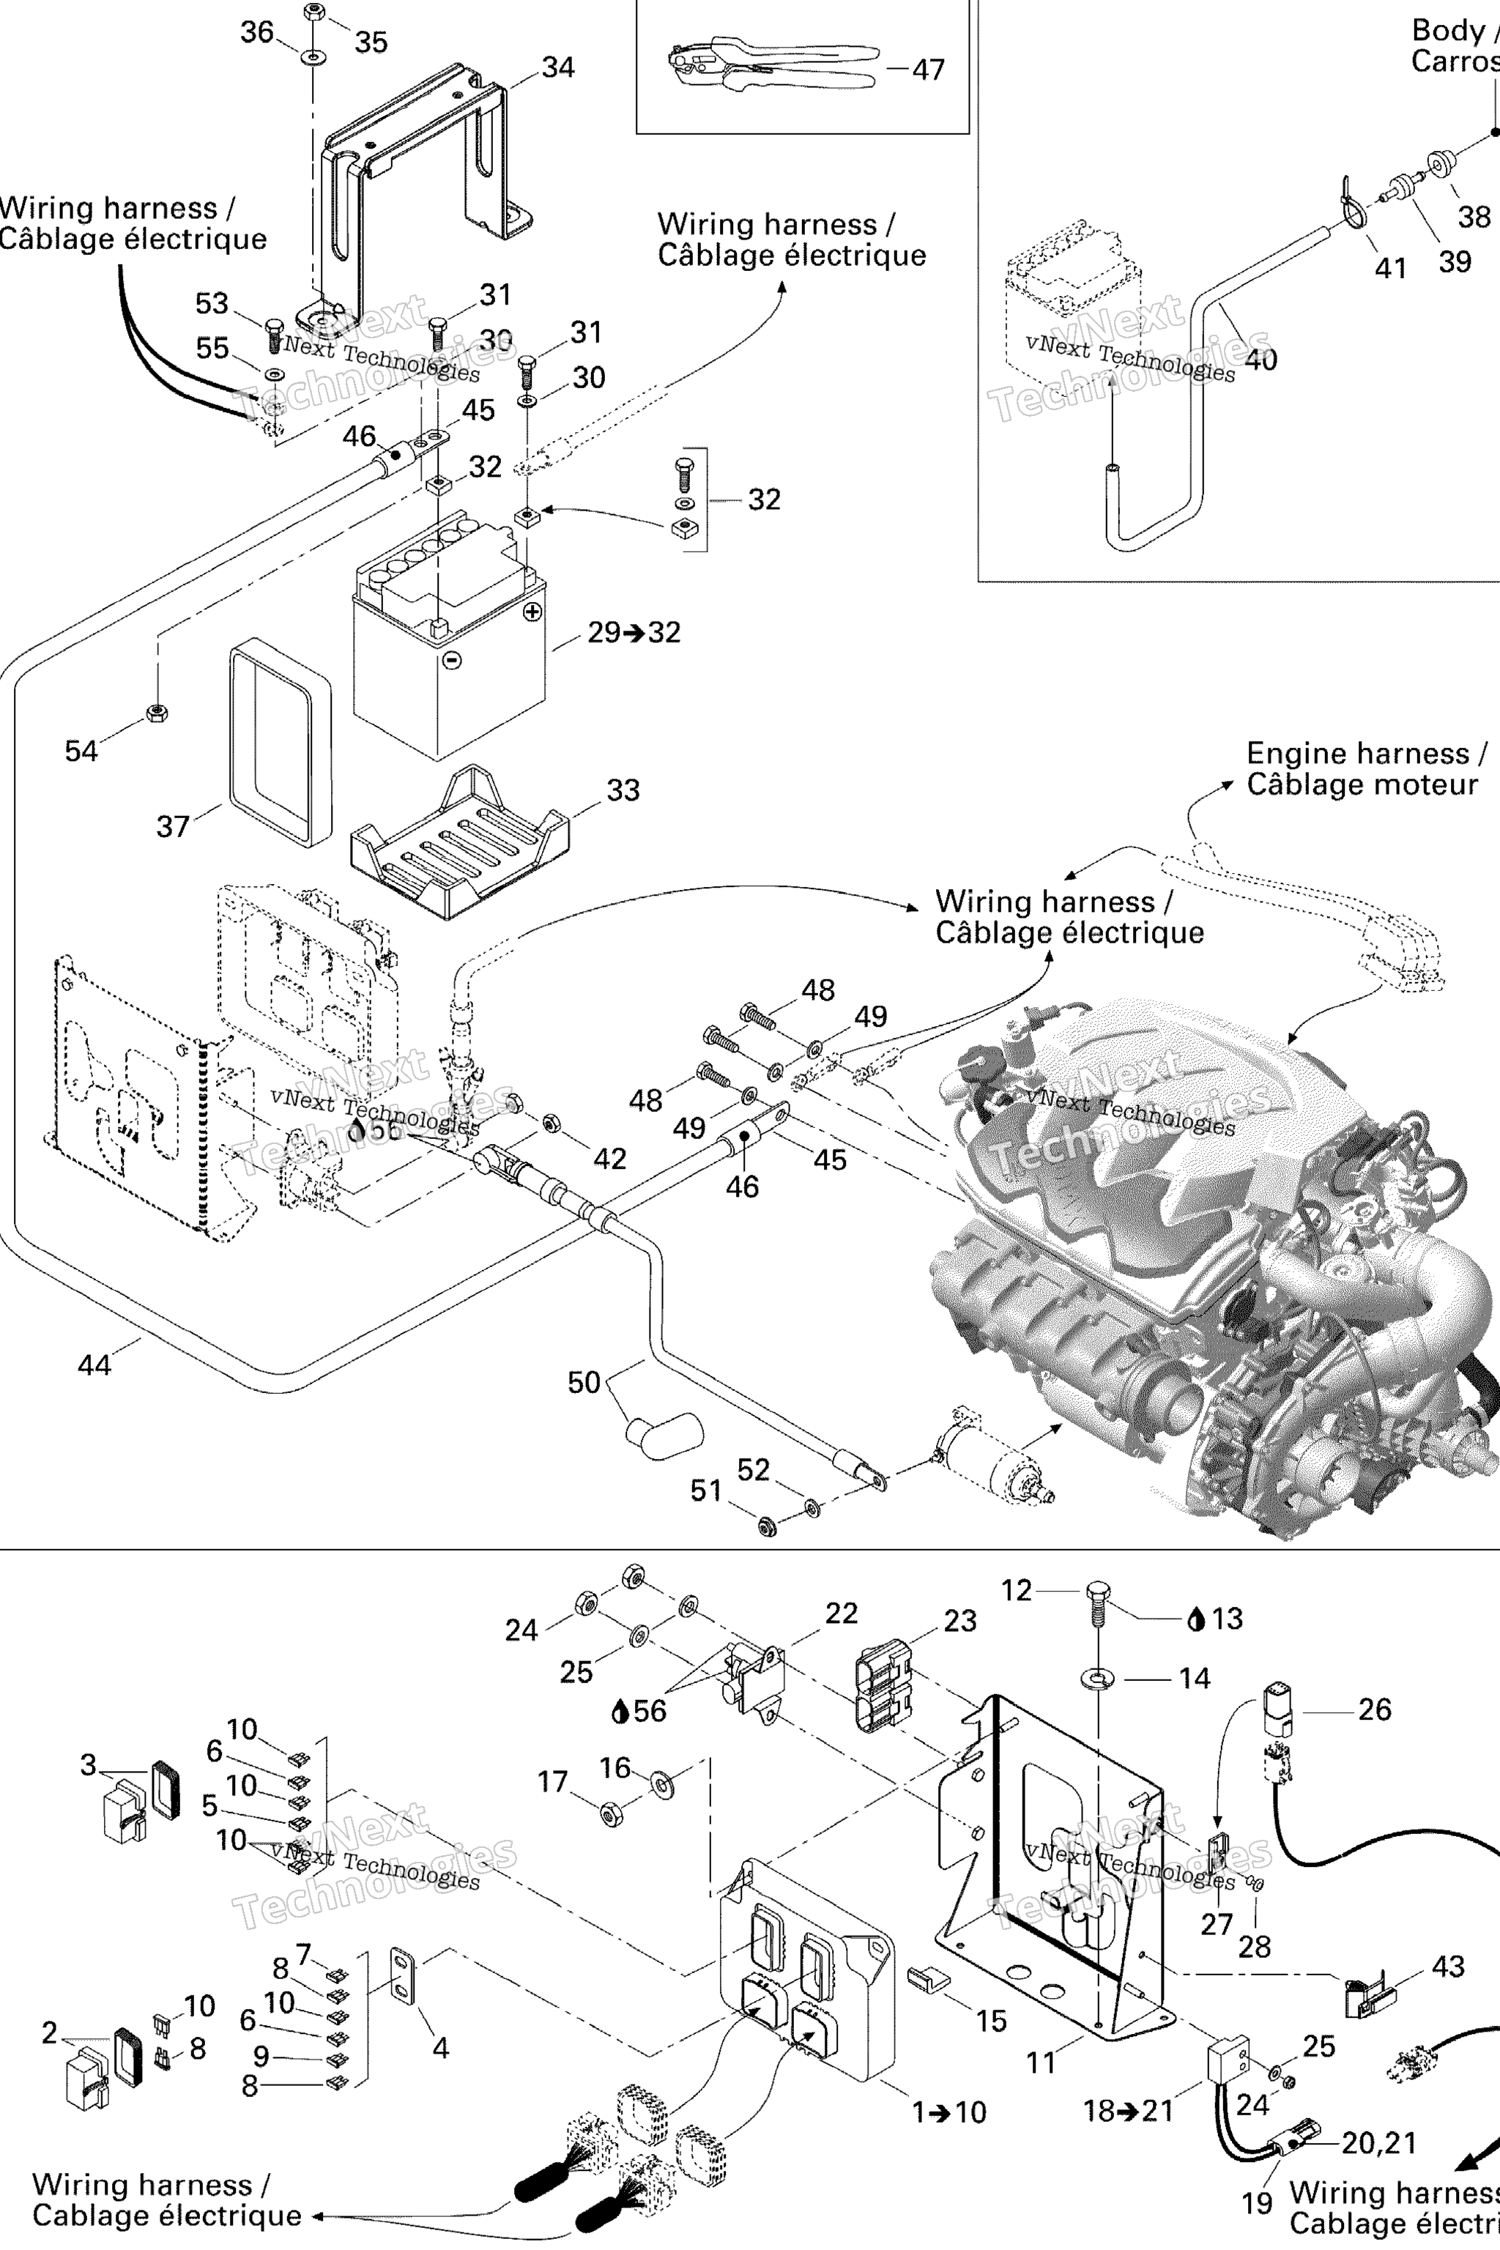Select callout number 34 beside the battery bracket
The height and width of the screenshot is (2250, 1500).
(557, 68)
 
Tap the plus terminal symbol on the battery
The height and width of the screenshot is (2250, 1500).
(533, 612)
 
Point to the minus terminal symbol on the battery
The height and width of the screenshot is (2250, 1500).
(453, 659)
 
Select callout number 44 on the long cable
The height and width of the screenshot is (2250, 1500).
(94, 1365)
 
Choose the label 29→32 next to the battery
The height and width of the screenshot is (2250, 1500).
(634, 632)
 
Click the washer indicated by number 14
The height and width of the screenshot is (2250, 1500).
(1097, 1677)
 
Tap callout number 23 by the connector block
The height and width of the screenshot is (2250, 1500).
(959, 1621)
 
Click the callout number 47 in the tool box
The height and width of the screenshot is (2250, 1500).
(928, 70)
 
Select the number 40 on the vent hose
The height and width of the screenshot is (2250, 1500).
(1260, 360)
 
